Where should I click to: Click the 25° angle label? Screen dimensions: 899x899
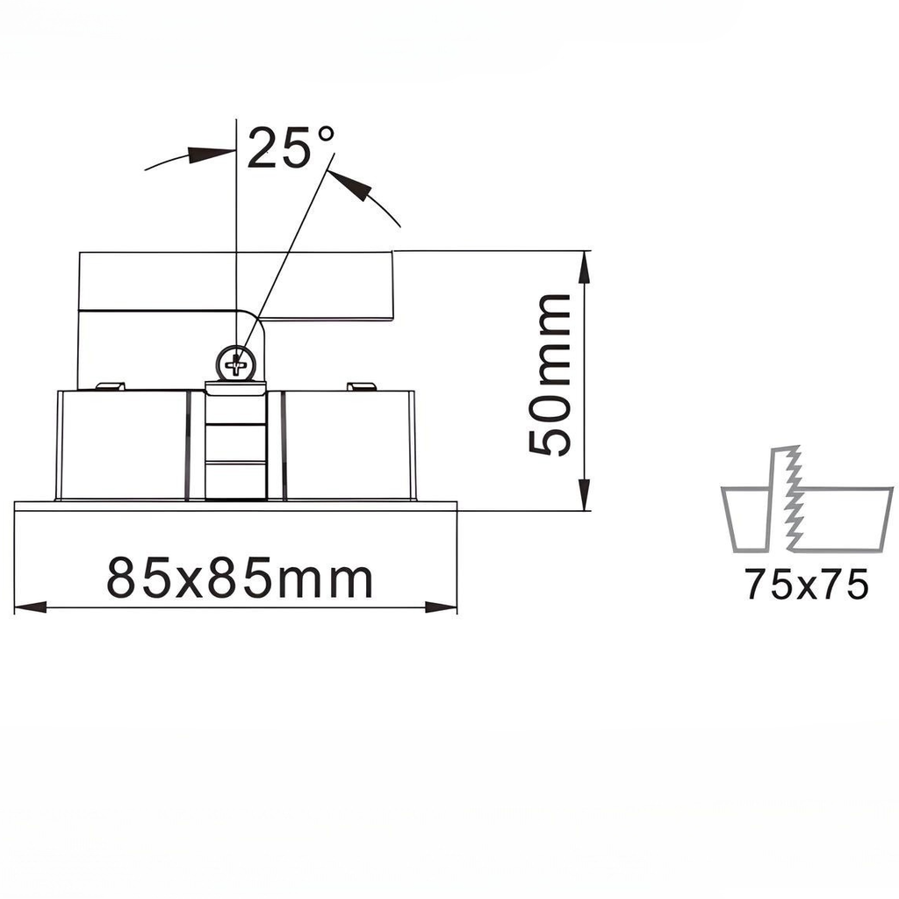coord(290,147)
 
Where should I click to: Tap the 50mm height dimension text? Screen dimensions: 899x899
coord(550,376)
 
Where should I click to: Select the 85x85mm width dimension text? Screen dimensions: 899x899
coord(240,579)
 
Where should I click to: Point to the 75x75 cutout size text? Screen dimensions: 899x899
coord(807,585)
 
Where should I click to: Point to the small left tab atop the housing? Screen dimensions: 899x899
coord(109,385)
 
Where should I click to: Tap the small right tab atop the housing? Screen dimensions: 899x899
coord(362,385)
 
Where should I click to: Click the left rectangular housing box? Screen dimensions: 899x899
coord(122,444)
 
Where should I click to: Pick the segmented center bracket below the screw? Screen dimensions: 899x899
coord(235,448)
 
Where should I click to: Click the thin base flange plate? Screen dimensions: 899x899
coord(235,506)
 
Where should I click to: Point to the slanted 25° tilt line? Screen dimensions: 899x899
coord(290,246)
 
